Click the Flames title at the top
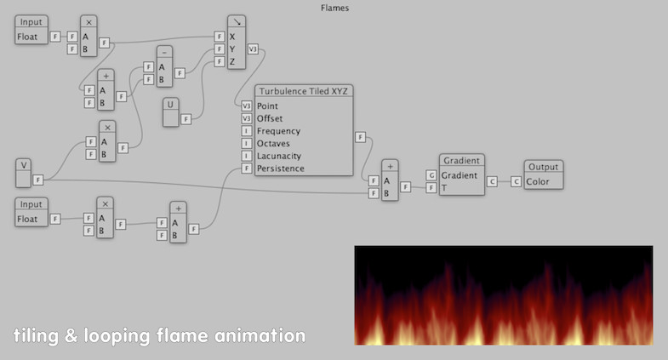[x=335, y=9]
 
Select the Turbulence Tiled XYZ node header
[x=304, y=91]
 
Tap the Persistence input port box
[x=246, y=169]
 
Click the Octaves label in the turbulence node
[x=273, y=144]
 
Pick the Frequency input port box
[x=246, y=131]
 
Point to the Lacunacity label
[x=279, y=156]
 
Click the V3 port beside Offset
[x=246, y=118]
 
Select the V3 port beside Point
[x=246, y=106]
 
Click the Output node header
[x=543, y=167]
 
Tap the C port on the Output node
[x=516, y=181]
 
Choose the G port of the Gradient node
[x=431, y=175]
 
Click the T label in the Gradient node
[x=444, y=188]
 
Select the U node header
[x=170, y=105]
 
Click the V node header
[x=24, y=165]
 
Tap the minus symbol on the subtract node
[x=164, y=53]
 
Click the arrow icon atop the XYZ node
[x=237, y=21]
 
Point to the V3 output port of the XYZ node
[x=253, y=49]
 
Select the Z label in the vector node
[x=232, y=62]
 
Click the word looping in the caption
[x=117, y=336]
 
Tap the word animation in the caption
[x=260, y=335]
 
